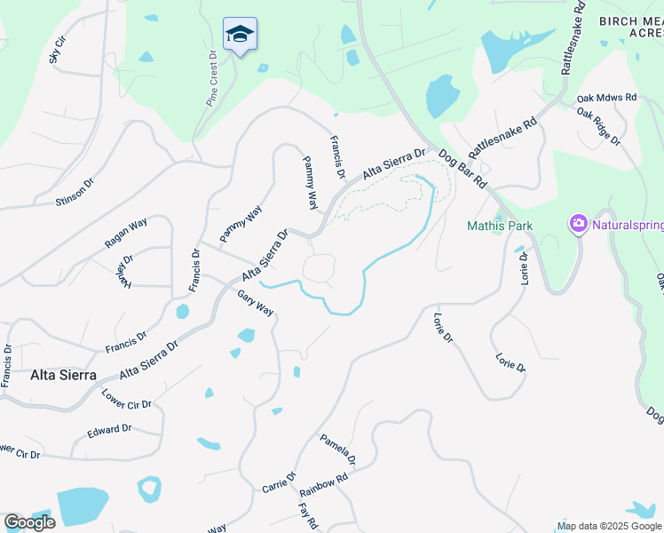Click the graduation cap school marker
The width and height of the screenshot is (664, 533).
point(240,35)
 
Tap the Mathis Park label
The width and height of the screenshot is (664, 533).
point(500,226)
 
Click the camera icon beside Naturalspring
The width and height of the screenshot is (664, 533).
point(579,224)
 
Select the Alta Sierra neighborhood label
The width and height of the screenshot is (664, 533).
point(63,375)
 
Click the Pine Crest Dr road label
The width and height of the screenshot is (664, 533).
point(213,78)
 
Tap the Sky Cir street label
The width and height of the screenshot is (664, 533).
point(59,50)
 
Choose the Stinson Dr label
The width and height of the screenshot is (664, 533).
point(75,190)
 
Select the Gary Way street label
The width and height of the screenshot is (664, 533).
point(255,303)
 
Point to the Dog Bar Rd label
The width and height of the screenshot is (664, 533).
point(462,169)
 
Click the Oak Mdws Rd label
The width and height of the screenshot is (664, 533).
point(606,98)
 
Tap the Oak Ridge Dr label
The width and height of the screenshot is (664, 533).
point(597,125)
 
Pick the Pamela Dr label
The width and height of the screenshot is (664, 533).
point(337,449)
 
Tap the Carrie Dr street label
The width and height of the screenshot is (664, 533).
point(279,484)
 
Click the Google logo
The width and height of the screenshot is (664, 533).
point(29,522)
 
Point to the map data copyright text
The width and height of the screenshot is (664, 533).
point(609,526)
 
